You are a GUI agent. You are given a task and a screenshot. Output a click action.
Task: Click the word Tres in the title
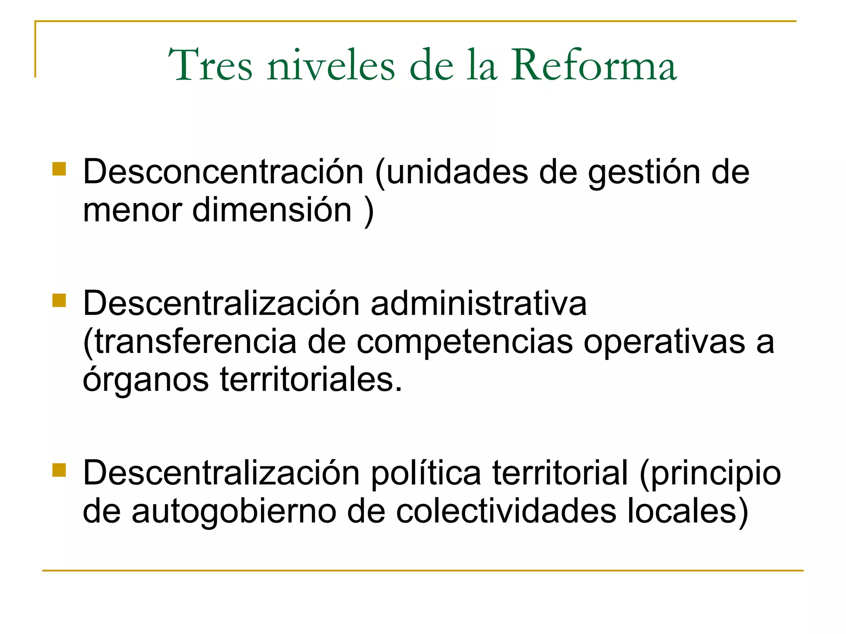pyautogui.click(x=210, y=65)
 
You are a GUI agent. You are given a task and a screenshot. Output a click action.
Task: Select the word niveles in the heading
pyautogui.click(x=331, y=65)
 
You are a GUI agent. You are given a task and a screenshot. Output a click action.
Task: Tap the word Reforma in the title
pyautogui.click(x=594, y=65)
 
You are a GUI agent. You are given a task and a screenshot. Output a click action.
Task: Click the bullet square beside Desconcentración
pyautogui.click(x=59, y=169)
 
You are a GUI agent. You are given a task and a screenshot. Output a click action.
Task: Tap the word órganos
pyautogui.click(x=146, y=380)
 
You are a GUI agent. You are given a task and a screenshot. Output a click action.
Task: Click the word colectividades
pyautogui.click(x=506, y=511)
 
